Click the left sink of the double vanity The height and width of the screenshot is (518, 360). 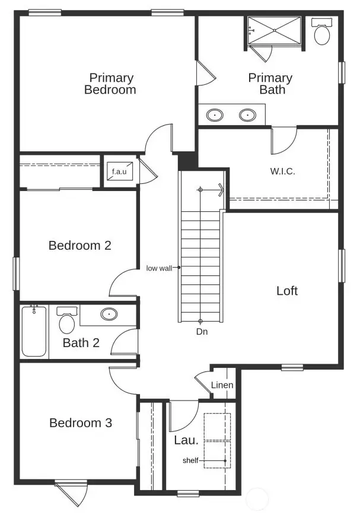(215, 115)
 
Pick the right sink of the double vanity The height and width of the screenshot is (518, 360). (247, 115)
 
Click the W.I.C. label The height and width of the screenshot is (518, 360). (282, 171)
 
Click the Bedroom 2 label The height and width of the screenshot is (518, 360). (79, 245)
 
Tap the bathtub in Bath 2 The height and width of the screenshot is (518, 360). (34, 331)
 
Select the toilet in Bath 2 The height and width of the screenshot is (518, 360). (66, 321)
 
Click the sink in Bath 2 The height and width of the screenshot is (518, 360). (109, 314)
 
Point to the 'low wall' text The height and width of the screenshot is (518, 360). (158, 268)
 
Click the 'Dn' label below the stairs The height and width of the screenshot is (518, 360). (202, 332)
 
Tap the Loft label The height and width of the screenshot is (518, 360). (287, 291)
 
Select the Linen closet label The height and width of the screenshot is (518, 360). (222, 385)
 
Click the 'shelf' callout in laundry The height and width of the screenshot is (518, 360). (190, 460)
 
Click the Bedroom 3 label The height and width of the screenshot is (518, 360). (80, 423)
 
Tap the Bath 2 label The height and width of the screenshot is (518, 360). (81, 343)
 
